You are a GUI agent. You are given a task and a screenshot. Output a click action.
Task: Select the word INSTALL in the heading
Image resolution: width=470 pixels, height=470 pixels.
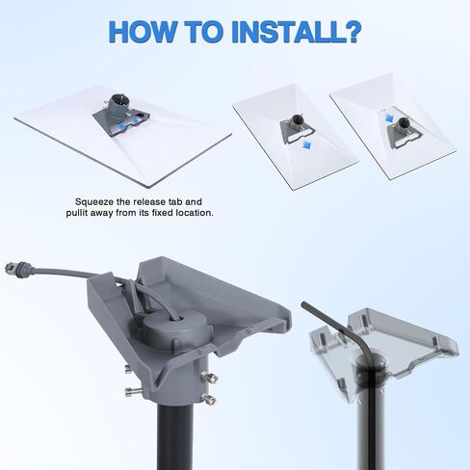pyautogui.click(x=284, y=32)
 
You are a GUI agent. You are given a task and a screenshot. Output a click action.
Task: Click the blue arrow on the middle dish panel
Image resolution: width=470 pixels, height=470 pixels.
pyautogui.click(x=306, y=146)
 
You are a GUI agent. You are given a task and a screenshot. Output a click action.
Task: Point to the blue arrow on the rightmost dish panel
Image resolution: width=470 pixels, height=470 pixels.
pyautogui.click(x=389, y=117)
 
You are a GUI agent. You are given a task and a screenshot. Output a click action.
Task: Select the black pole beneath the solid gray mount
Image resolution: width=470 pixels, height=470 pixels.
pyautogui.click(x=175, y=436)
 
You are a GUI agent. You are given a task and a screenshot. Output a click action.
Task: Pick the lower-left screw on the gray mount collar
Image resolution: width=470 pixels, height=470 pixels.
pyautogui.click(x=133, y=391)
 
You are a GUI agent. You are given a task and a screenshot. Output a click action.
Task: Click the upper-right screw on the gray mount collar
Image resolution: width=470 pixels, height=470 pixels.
pyautogui.click(x=209, y=377)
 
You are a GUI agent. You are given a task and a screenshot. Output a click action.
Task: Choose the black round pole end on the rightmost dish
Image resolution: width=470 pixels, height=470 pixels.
pyautogui.click(x=404, y=122)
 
